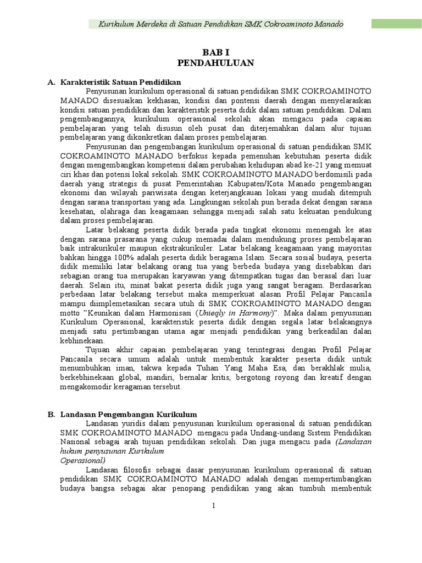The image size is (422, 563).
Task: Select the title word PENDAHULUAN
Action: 215,63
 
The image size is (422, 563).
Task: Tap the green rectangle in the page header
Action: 396,24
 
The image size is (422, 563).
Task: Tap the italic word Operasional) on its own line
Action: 82,460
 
